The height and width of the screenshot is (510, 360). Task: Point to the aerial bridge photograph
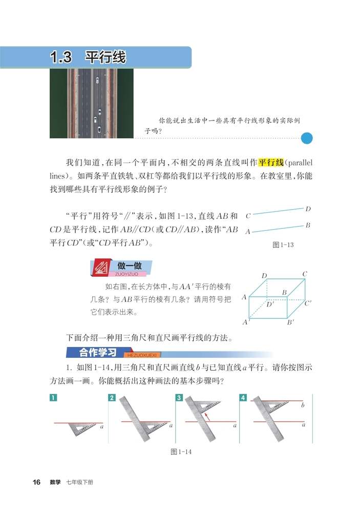pos(91,103)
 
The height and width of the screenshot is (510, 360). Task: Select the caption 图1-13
pos(283,245)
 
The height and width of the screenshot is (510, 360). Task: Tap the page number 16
pos(36,482)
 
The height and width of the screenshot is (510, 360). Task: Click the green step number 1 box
pos(53,398)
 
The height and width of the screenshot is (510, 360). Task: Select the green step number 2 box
pos(112,398)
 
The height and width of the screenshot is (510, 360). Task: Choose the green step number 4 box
pos(243,398)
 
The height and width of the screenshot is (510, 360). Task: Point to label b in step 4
pos(303,405)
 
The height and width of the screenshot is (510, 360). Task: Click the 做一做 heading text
pos(129,266)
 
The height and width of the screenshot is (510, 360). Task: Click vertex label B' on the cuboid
pos(290,322)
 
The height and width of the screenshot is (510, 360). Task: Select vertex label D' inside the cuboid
pos(270,304)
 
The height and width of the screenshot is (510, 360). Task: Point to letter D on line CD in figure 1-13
pos(308,209)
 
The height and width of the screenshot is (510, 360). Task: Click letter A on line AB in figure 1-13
pos(248,232)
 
